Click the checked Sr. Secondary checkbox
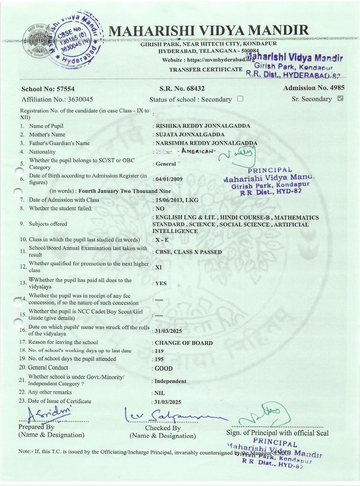tap(340, 98)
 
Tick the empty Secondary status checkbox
tap(240, 99)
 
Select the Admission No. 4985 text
tap(314, 88)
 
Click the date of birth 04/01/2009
tap(169, 179)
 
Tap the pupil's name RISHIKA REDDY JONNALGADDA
tap(203, 126)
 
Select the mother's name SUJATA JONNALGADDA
tap(190, 135)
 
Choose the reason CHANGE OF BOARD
tap(184, 343)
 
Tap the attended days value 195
tap(159, 359)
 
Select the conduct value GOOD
tap(163, 369)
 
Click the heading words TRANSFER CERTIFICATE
tap(206, 69)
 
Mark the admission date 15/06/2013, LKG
tap(176, 200)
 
